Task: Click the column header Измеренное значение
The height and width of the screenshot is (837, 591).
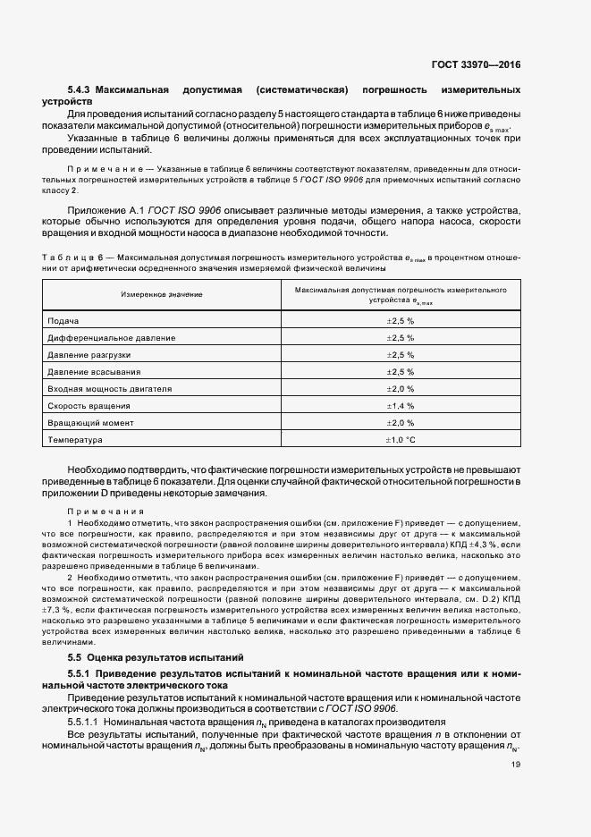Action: point(162,294)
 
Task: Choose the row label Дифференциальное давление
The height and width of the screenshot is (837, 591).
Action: point(112,338)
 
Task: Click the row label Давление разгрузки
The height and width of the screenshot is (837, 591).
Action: point(89,355)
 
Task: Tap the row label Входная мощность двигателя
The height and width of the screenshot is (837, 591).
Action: point(109,389)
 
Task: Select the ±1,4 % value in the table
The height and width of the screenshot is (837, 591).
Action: point(400,406)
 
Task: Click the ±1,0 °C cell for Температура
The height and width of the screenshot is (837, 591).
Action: point(400,440)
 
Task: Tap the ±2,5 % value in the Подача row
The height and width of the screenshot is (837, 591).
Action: point(400,321)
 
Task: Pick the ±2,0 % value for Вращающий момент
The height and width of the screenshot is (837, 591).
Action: point(400,423)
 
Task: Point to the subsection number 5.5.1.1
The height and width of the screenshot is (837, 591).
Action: point(85,721)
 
